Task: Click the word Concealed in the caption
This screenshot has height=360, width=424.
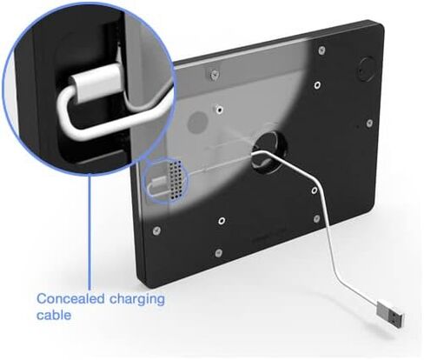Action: (71, 298)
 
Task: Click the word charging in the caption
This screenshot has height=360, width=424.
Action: (137, 300)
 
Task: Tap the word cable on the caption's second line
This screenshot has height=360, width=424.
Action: (54, 315)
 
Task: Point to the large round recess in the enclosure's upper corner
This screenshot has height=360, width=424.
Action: (367, 70)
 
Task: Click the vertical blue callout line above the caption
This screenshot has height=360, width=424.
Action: (89, 232)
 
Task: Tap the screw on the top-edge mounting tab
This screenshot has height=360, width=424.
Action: (214, 75)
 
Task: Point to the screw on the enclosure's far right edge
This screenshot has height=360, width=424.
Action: (369, 123)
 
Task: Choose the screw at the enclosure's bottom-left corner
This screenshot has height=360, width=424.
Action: (156, 230)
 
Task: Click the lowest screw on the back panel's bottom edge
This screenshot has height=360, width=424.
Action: (219, 253)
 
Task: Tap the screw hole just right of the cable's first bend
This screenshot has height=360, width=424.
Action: (315, 190)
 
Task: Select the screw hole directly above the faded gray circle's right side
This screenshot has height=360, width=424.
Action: (220, 110)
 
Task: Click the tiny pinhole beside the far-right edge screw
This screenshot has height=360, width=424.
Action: (357, 126)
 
